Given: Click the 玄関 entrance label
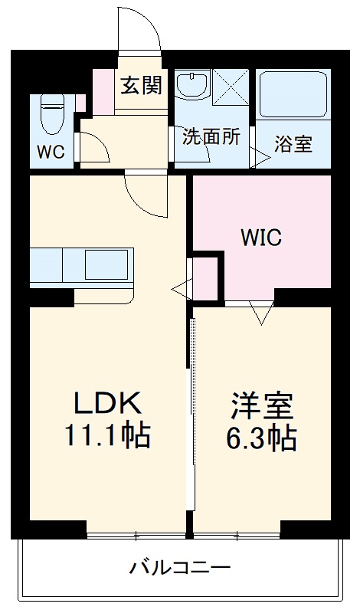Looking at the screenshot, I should [141, 86].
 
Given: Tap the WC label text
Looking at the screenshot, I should [51, 151].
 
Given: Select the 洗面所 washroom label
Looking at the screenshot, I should [211, 136].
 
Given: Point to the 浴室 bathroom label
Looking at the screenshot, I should [293, 144].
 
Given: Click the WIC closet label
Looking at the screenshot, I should [262, 238].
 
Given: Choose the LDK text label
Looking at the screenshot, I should [107, 403].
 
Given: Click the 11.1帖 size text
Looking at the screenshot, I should [107, 435].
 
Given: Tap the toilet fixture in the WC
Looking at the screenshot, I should [51, 115].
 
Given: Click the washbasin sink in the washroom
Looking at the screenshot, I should [192, 84].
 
